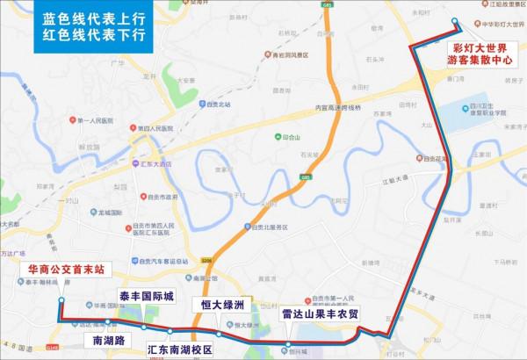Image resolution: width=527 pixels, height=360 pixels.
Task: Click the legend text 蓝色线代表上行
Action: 91,18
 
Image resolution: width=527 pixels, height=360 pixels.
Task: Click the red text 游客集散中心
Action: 480,61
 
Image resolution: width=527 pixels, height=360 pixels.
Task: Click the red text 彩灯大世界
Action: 480,47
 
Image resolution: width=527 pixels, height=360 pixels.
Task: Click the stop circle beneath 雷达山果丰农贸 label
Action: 289,343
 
